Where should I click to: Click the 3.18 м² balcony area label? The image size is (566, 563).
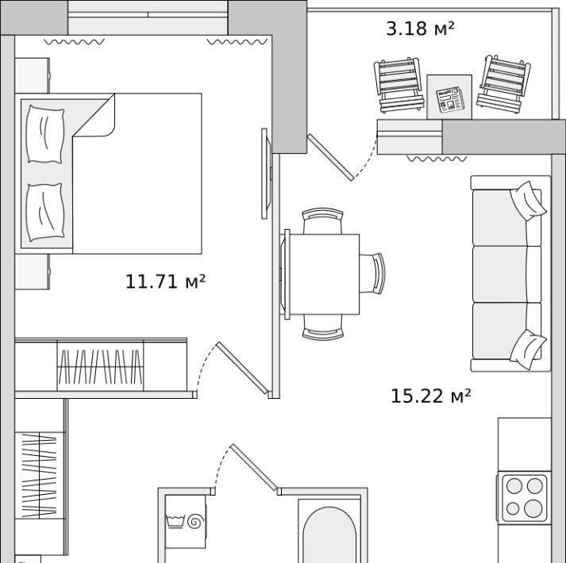[420, 29]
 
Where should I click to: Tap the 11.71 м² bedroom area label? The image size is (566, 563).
[165, 281]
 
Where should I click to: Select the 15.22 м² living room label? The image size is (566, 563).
[430, 396]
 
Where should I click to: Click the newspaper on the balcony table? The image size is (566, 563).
[450, 98]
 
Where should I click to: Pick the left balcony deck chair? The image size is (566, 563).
[399, 86]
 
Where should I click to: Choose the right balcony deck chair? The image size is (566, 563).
[503, 85]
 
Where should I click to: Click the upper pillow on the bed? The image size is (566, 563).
[45, 134]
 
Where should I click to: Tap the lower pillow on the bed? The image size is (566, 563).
[45, 212]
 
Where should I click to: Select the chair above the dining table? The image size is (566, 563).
[322, 221]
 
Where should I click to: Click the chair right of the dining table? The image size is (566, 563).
[372, 274]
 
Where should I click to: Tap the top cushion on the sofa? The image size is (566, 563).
[528, 201]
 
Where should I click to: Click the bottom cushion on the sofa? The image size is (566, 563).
[528, 350]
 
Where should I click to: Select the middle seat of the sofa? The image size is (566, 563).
[500, 274]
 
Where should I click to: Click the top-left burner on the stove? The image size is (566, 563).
[514, 486]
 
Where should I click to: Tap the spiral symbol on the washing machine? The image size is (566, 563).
[196, 521]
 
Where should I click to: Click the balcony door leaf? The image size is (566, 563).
[331, 157]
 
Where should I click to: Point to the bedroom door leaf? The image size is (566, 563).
[243, 368]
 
